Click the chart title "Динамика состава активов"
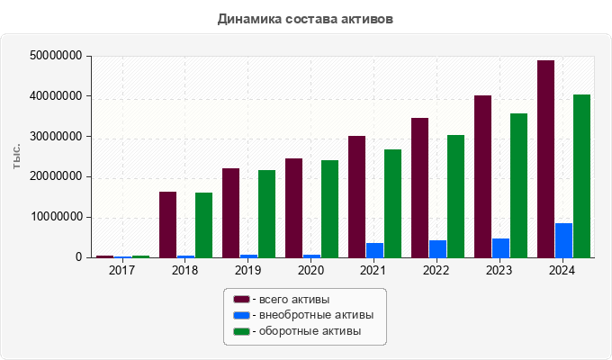305,19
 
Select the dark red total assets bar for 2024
545,159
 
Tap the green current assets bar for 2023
518,185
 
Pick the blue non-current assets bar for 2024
563,240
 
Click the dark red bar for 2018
167,224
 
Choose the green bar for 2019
266,213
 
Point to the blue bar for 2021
374,250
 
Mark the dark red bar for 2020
293,208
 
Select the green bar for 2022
455,196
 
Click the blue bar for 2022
437,248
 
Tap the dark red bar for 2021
356,196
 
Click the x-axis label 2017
121,270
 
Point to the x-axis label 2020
310,270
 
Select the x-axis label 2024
562,270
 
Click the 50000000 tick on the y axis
57,56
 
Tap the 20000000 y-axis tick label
57,176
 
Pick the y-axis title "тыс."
17,156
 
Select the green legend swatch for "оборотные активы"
241,332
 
